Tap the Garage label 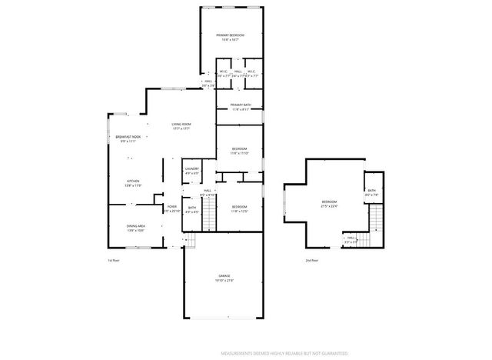pyautogui.click(x=224, y=277)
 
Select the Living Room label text pyautogui.click(x=181, y=125)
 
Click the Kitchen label pyautogui.click(x=133, y=182)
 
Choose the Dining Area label pyautogui.click(x=136, y=227)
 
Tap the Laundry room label pyautogui.click(x=192, y=170)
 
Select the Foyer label pyautogui.click(x=172, y=208)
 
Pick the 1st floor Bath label pyautogui.click(x=192, y=208)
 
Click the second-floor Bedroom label pyautogui.click(x=329, y=203)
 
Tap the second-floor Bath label pyautogui.click(x=371, y=192)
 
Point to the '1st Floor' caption pyautogui.click(x=113, y=261)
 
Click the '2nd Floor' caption pyautogui.click(x=311, y=261)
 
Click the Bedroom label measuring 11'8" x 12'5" pyautogui.click(x=240, y=208)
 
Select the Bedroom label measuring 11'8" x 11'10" pyautogui.click(x=240, y=150)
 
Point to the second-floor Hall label pyautogui.click(x=351, y=240)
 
